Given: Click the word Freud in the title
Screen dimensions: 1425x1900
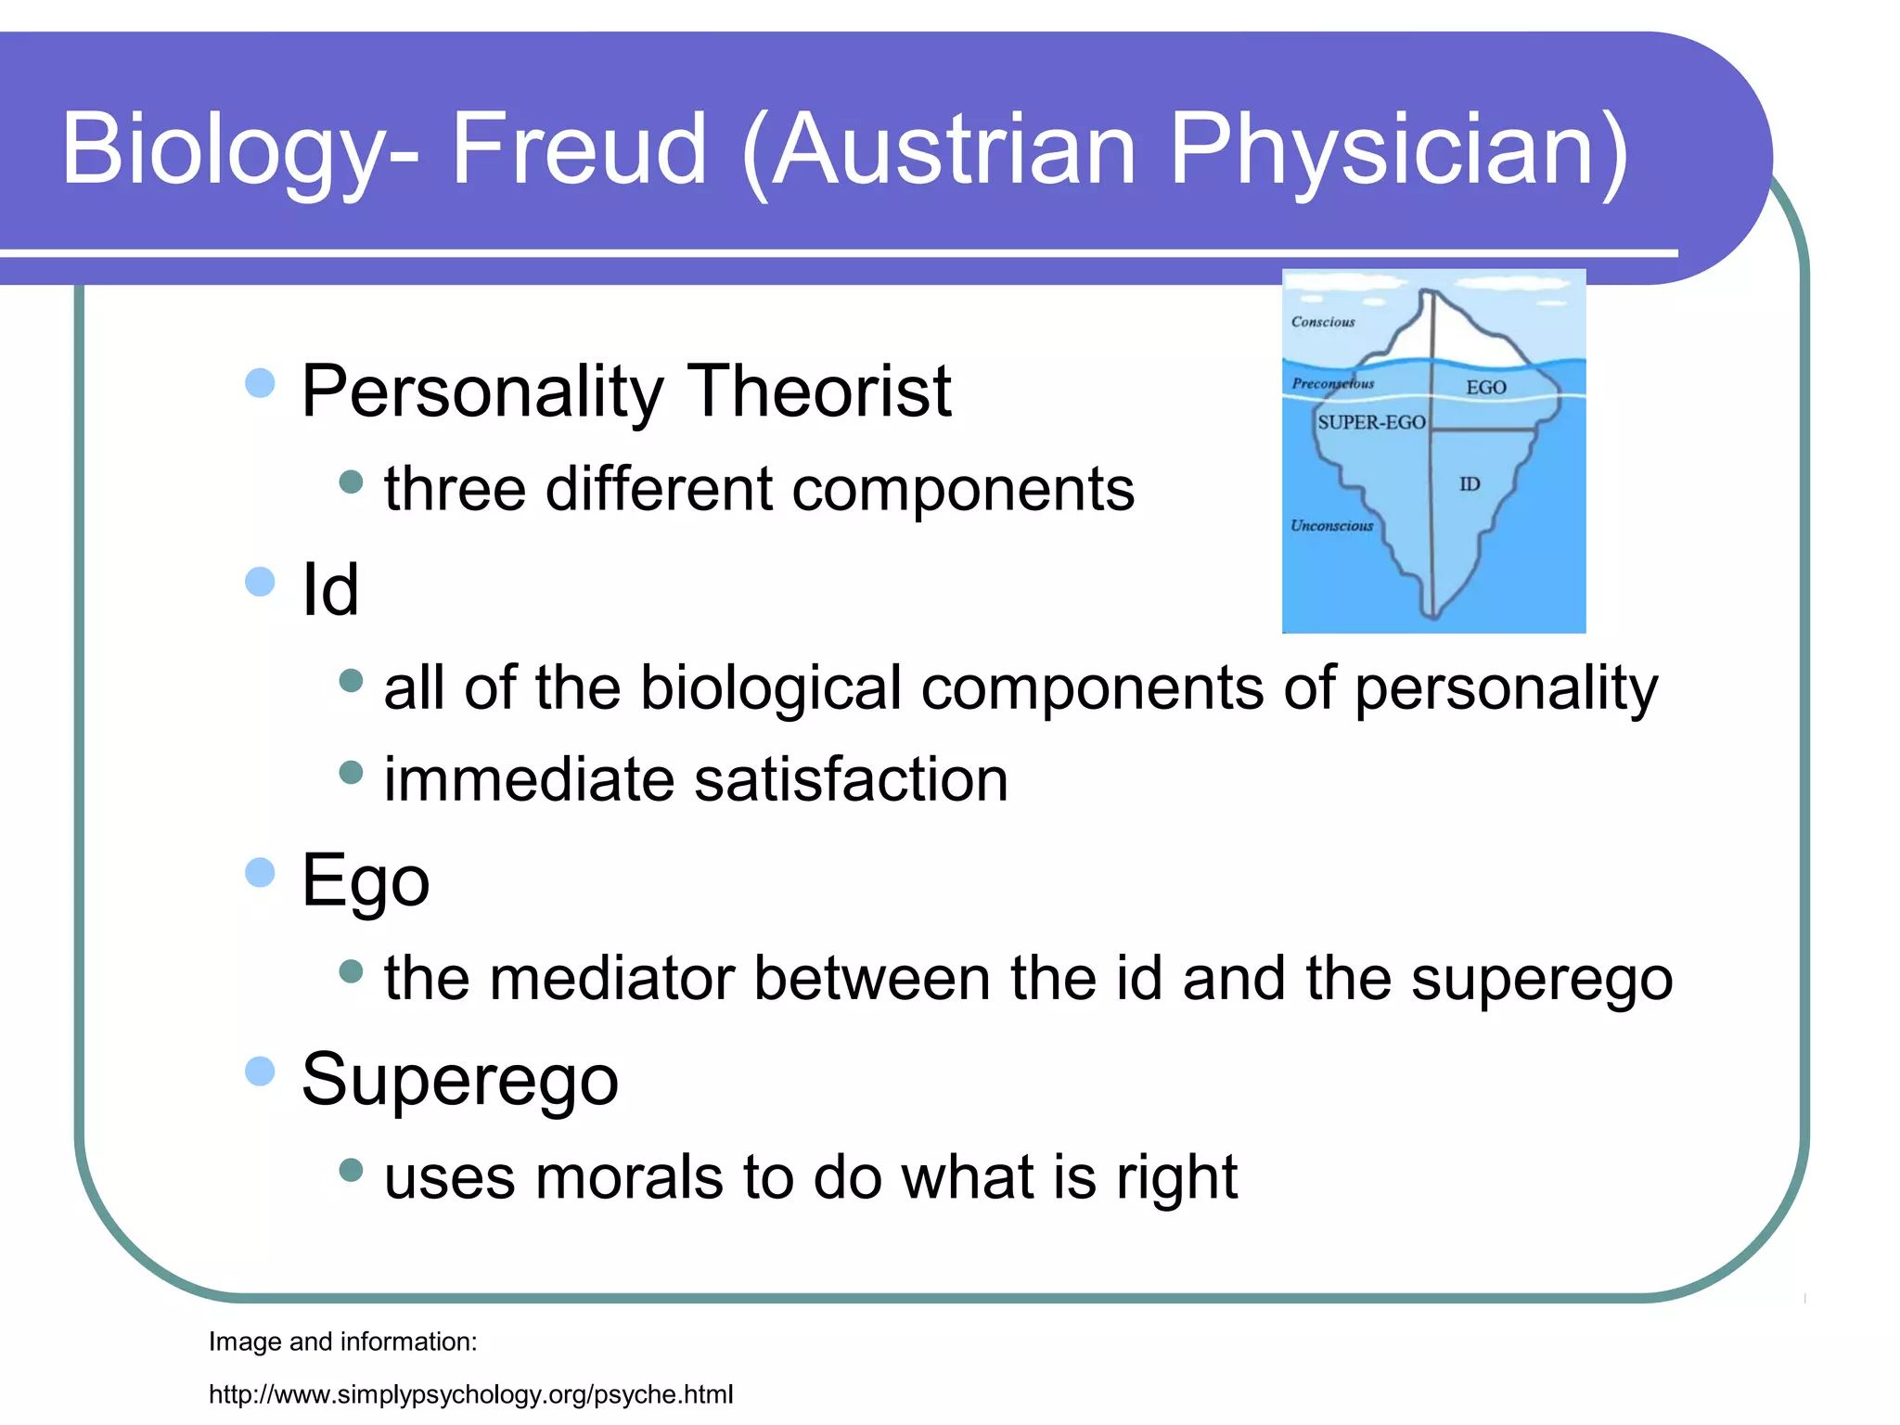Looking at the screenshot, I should [x=579, y=148].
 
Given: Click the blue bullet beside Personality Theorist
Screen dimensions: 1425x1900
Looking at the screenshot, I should [x=261, y=383].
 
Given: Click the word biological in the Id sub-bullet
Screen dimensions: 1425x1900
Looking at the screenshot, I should [x=771, y=687].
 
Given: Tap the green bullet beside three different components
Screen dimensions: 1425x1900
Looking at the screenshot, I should [x=351, y=481].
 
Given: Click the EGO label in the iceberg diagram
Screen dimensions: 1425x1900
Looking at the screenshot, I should [x=1485, y=387].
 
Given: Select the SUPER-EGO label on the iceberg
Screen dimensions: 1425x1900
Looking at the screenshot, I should [x=1371, y=422].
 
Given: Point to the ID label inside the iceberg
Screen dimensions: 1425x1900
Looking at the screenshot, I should [x=1470, y=483].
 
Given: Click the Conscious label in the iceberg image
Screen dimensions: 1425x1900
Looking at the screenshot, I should [x=1323, y=322].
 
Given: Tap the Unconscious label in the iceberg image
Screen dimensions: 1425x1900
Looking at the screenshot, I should [x=1331, y=525].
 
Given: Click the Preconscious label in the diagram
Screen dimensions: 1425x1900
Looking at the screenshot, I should [x=1333, y=383].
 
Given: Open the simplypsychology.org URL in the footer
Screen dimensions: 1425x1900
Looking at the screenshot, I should [x=470, y=1394].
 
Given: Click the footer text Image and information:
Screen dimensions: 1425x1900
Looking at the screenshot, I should [x=342, y=1342].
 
